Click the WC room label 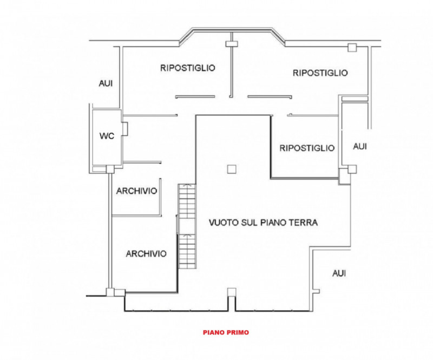[107, 136]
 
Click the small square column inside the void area [232, 169]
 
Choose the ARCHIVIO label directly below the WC [136, 191]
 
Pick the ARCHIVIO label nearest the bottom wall [146, 253]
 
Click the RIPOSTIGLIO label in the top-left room [188, 68]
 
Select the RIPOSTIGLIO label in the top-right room [320, 73]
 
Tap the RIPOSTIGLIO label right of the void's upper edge [307, 148]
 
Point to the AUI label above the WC [106, 83]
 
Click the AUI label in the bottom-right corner [339, 273]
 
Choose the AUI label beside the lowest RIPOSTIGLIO [359, 146]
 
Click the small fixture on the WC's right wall [125, 129]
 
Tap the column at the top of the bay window [232, 41]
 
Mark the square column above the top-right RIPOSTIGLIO [352, 48]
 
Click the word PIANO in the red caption [214, 333]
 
